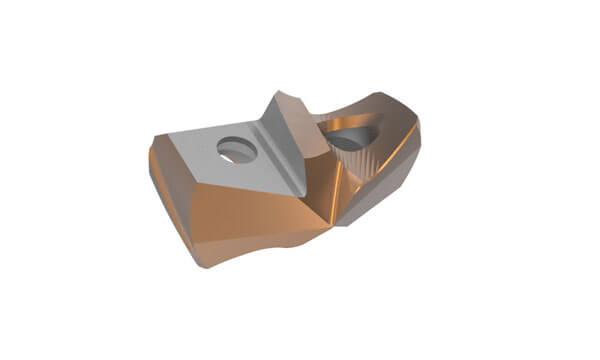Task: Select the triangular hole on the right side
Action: tap(351, 138)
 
